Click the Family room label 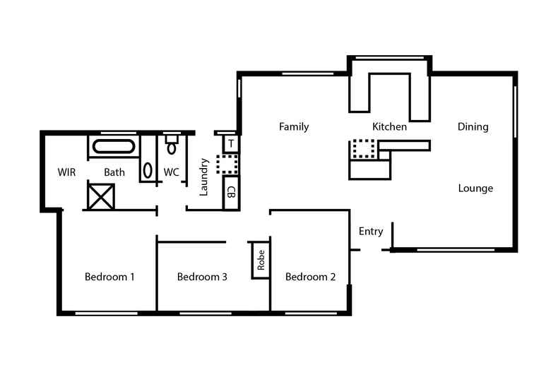point(294,127)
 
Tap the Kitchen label point(389,127)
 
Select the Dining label point(473,127)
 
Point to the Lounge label point(475,188)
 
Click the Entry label point(371,232)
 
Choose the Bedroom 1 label point(109,277)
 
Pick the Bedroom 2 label point(310,277)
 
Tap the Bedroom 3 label point(202,277)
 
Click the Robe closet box point(261,260)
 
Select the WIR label point(67,172)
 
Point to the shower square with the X point(100,196)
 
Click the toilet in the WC point(172,145)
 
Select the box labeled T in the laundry point(231,143)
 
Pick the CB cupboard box point(231,192)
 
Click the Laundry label point(204,176)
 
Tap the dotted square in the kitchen point(363,149)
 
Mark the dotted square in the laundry point(227,164)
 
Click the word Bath point(114,172)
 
